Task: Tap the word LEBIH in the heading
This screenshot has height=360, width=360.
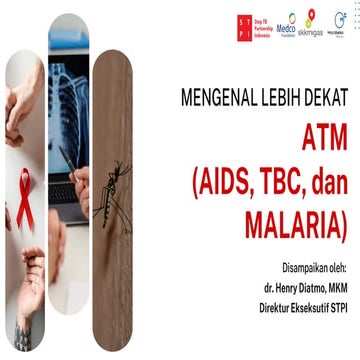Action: tap(281, 99)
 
